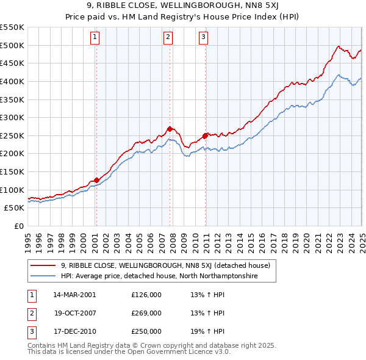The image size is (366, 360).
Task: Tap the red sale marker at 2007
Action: tap(170, 129)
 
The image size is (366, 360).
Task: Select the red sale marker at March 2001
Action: tap(96, 180)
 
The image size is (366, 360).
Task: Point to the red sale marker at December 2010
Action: tap(206, 135)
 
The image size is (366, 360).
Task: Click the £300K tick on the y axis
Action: tap(12, 117)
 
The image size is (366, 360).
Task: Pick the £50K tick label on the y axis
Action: tap(15, 208)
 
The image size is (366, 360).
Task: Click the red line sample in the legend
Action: tap(43, 265)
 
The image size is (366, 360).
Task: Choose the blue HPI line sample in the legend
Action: tap(43, 276)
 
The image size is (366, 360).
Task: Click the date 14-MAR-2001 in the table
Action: tap(74, 295)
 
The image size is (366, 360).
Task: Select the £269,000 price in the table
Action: tap(146, 314)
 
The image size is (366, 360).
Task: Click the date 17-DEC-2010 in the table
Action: tap(74, 333)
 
